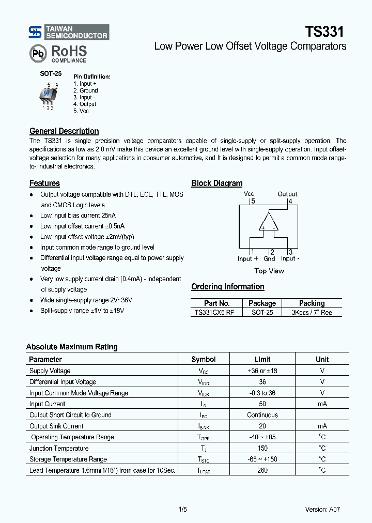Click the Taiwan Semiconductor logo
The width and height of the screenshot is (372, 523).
[68, 32]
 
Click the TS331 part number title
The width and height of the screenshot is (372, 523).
[323, 32]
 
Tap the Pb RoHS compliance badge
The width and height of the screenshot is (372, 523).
[58, 53]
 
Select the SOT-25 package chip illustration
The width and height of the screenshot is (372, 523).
[50, 95]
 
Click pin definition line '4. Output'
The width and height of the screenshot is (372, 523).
[85, 104]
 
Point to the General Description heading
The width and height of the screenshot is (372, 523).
[64, 131]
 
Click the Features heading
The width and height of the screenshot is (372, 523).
[44, 183]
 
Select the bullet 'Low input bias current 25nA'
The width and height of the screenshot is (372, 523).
[78, 216]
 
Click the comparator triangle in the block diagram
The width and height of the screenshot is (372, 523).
[269, 222]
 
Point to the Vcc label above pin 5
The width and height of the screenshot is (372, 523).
[249, 194]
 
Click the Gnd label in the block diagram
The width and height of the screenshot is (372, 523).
[269, 259]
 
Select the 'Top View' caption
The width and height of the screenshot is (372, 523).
[269, 271]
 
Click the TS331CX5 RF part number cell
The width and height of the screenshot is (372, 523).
[217, 312]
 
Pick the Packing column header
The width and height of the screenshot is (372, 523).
[312, 303]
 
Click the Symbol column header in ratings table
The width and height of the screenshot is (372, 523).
[204, 359]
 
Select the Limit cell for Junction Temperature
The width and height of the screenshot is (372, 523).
[262, 448]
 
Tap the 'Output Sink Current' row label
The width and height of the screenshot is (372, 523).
[56, 426]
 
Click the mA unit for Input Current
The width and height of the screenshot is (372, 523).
[322, 404]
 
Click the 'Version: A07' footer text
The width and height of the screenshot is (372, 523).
[322, 509]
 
